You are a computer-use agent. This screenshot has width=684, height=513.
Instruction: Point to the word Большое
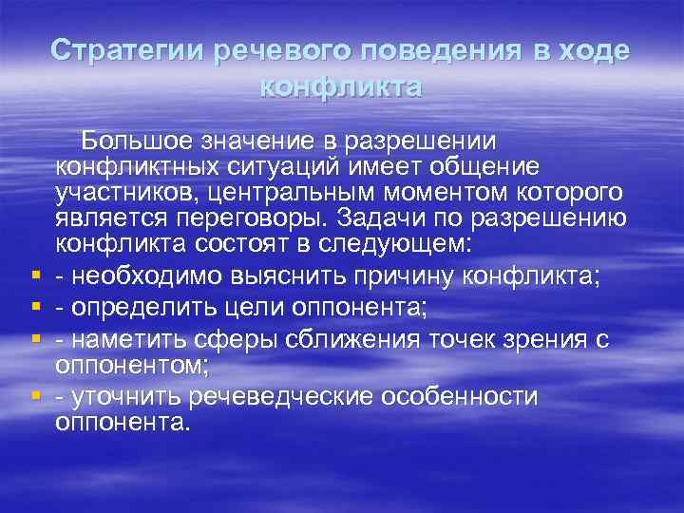(136, 142)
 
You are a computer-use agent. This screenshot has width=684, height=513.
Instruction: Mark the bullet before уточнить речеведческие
(33, 393)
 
